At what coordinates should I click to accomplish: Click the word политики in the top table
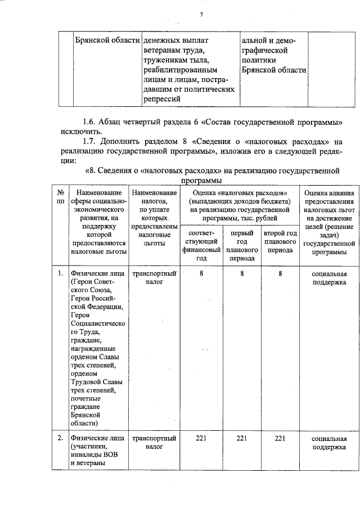(x=258, y=61)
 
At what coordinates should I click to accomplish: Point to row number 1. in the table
(x=60, y=274)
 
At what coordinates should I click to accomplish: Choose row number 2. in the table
(x=60, y=438)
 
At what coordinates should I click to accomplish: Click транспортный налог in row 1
(x=154, y=278)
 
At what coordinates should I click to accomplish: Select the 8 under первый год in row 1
(x=241, y=274)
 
